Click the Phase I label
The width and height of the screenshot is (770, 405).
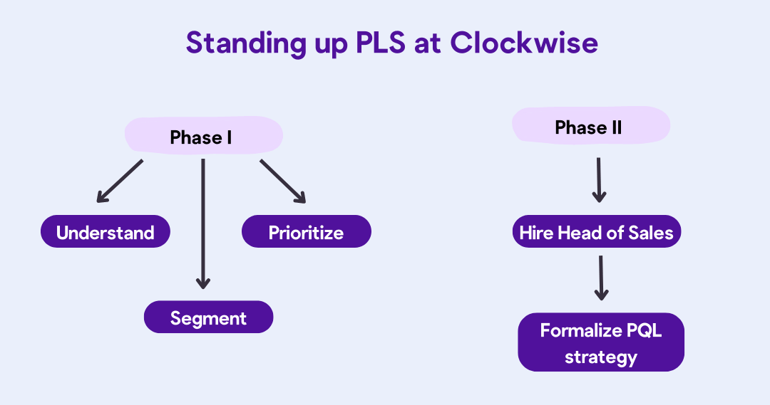pyautogui.click(x=202, y=137)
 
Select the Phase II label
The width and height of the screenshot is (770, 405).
pyautogui.click(x=589, y=127)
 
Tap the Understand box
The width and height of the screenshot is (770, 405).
pyautogui.click(x=106, y=233)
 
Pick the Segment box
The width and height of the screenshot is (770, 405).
pyautogui.click(x=208, y=318)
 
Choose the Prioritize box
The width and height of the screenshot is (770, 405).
pyautogui.click(x=306, y=233)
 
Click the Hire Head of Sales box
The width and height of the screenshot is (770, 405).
pyautogui.click(x=596, y=233)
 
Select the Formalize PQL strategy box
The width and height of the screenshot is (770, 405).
pyautogui.click(x=600, y=342)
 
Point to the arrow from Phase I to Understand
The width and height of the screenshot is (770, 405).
pyautogui.click(x=120, y=181)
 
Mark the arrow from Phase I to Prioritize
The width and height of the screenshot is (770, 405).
pyautogui.click(x=282, y=181)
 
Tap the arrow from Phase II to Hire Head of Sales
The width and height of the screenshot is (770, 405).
pyautogui.click(x=599, y=180)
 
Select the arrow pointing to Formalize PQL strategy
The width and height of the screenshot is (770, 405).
pyautogui.click(x=601, y=278)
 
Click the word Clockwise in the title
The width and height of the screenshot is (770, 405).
pyautogui.click(x=524, y=43)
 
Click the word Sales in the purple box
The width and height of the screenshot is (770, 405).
pyautogui.click(x=651, y=233)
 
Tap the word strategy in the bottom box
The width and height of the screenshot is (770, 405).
pyautogui.click(x=600, y=356)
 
